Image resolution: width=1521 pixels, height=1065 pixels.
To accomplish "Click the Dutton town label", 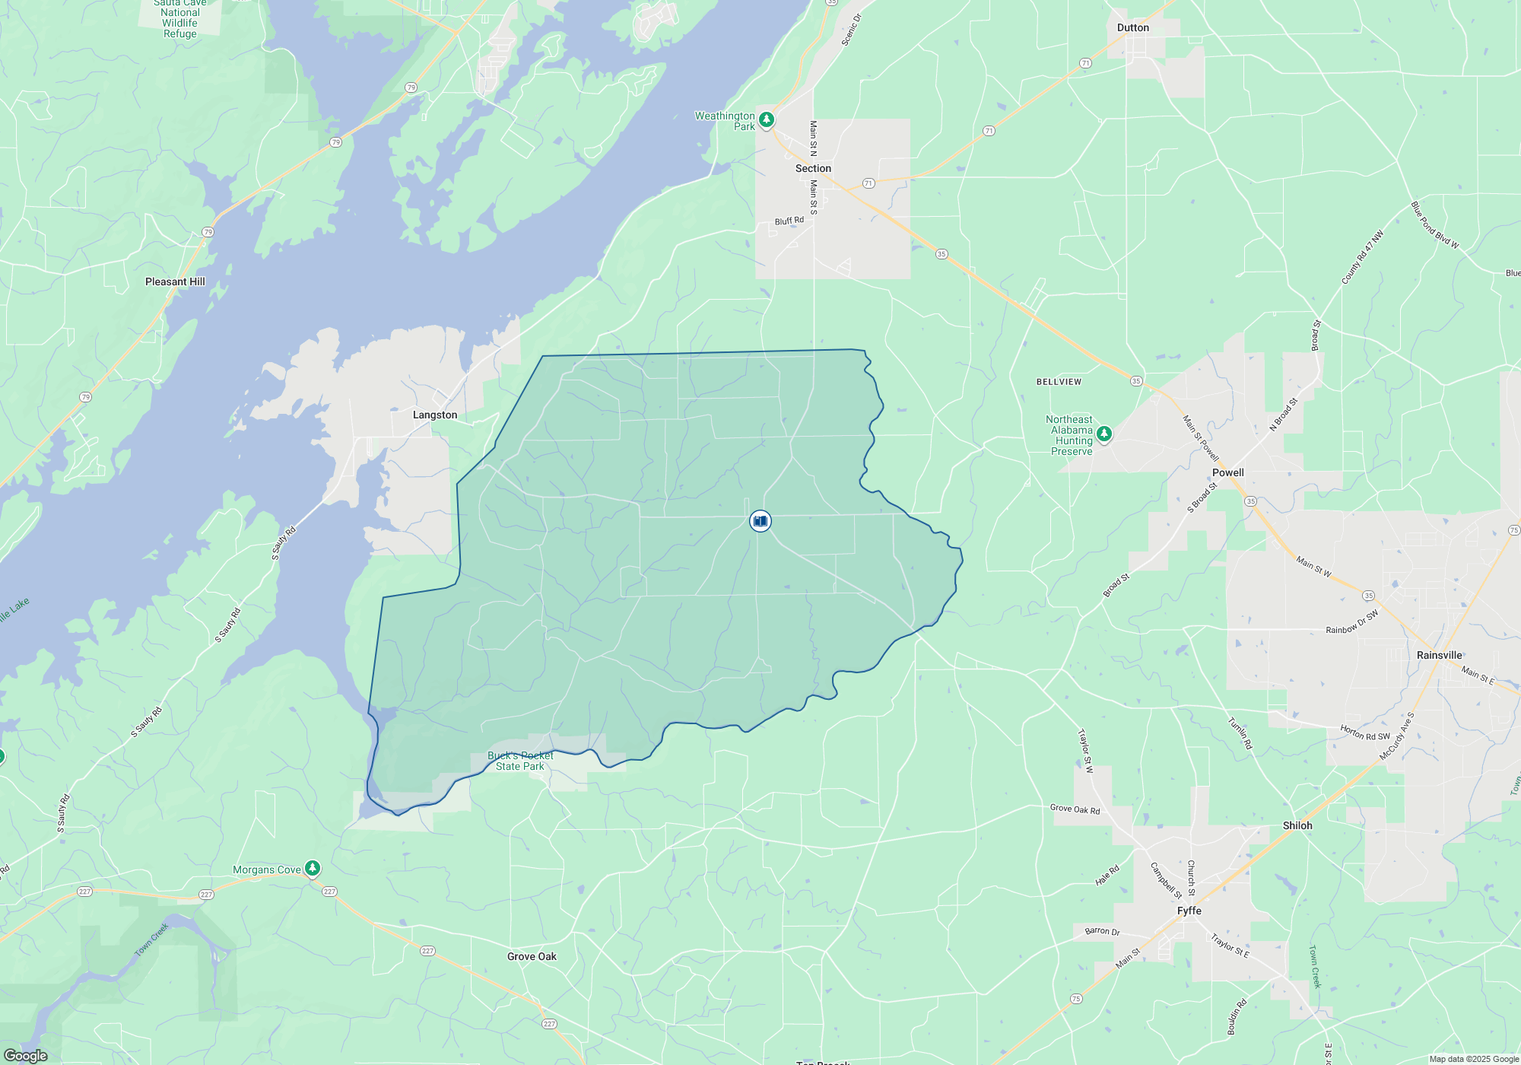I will tap(1132, 28).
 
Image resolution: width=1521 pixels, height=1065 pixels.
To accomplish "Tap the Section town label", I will tap(813, 169).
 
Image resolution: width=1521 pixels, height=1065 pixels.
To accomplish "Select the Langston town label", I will tap(435, 415).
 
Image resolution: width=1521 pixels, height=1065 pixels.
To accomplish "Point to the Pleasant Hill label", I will tap(175, 282).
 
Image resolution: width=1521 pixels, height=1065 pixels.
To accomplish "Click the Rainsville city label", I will tap(1439, 656).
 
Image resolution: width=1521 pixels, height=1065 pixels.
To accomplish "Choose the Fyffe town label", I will tap(1189, 911).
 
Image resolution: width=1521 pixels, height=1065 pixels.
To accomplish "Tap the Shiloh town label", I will tap(1297, 826).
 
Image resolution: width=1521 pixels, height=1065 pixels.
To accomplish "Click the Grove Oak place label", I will tap(532, 957).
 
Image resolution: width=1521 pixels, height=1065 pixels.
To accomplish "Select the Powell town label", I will tap(1227, 473).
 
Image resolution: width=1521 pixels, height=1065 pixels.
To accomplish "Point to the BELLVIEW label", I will tap(1059, 382).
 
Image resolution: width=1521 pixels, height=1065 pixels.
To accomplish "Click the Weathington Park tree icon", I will tap(767, 119).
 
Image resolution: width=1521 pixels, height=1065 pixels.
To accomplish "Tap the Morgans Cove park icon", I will tap(312, 868).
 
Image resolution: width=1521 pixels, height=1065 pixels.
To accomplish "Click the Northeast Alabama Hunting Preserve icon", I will tap(1104, 434).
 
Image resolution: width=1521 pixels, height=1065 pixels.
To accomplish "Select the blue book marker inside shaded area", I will tap(760, 521).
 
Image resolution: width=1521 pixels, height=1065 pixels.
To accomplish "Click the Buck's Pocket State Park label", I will tap(520, 761).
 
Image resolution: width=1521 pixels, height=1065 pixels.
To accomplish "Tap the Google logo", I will tap(26, 1056).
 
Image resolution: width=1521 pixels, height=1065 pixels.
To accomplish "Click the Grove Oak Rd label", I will tap(1075, 809).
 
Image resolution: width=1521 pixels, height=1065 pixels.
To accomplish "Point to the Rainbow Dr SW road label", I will tap(1351, 623).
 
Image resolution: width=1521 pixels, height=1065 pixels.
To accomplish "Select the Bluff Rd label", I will tap(789, 221).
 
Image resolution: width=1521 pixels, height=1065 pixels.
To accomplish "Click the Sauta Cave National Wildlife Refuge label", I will tap(180, 19).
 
